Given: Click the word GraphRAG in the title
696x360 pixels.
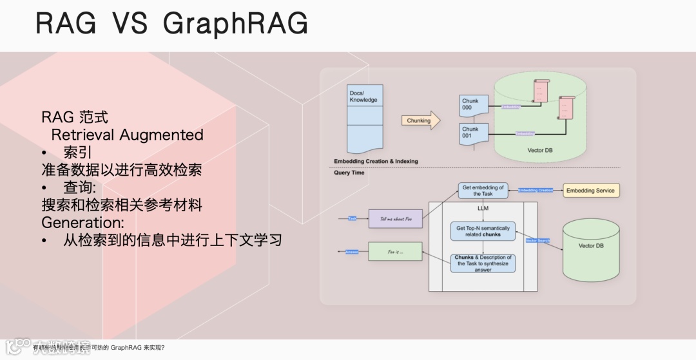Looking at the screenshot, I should [236, 24].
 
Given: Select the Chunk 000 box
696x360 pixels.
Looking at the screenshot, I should [472, 105].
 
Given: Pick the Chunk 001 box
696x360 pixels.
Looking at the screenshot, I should [472, 133].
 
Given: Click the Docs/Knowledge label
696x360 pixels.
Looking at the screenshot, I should [363, 97].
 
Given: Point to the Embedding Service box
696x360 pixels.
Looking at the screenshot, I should [591, 191].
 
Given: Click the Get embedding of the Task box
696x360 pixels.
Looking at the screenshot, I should [483, 191].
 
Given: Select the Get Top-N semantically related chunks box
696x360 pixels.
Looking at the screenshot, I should [483, 231].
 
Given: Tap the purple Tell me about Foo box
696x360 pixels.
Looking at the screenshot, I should [395, 219].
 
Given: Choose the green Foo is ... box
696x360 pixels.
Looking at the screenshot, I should [395, 251].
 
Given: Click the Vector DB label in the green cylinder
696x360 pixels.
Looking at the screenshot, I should [540, 150].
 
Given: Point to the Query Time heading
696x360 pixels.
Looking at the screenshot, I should [349, 173].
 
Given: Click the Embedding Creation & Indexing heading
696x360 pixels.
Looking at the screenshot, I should [376, 161].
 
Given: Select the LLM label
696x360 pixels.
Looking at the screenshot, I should [483, 209].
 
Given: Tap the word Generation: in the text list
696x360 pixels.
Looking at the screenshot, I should [82, 223].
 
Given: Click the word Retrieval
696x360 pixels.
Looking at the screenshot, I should [83, 135].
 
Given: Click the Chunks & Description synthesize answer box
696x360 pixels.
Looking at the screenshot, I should [483, 263].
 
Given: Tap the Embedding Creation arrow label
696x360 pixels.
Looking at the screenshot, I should [536, 191].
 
